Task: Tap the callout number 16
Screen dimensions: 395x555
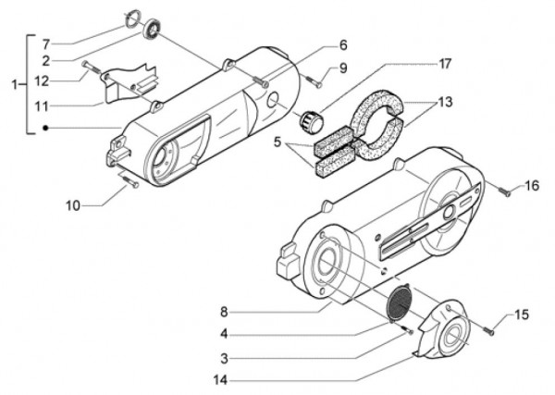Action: (531, 186)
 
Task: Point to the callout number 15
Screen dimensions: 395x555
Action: (522, 315)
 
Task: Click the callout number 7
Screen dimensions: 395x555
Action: (47, 43)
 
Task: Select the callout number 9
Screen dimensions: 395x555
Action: (342, 67)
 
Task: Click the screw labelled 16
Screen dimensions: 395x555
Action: (504, 191)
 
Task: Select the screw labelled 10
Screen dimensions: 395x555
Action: (129, 184)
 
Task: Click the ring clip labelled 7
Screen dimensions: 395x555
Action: (132, 19)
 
